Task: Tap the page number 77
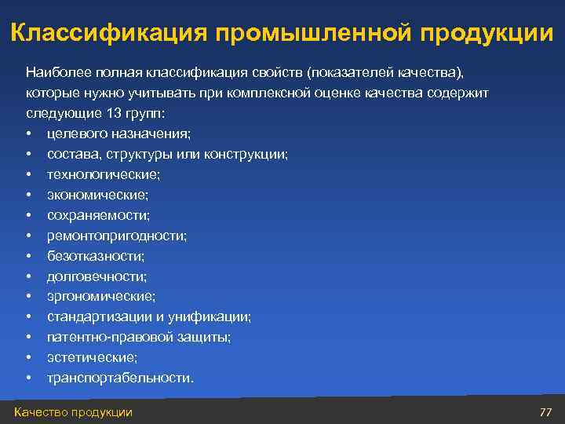pyautogui.click(x=546, y=412)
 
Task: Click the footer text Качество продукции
pyautogui.click(x=73, y=412)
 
